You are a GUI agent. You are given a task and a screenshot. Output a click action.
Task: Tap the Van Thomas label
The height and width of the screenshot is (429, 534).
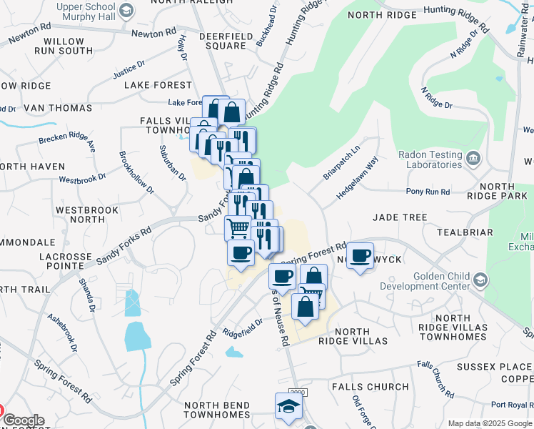pos(58,108)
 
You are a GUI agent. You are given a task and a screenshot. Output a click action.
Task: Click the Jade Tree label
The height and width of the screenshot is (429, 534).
pos(399,217)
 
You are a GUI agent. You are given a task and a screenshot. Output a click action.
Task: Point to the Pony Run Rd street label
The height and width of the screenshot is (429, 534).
pos(428,192)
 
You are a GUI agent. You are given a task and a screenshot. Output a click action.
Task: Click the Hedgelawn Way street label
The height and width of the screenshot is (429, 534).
pos(356,184)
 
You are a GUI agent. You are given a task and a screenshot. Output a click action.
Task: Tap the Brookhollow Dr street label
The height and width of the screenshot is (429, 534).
pos(136,172)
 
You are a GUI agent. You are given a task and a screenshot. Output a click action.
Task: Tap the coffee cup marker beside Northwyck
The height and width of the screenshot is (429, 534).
pos(361,256)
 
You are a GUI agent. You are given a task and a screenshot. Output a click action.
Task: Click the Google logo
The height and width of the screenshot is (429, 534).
pos(24,420)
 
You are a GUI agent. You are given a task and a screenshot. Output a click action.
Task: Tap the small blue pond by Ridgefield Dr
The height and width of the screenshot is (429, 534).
pos(233,352)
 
